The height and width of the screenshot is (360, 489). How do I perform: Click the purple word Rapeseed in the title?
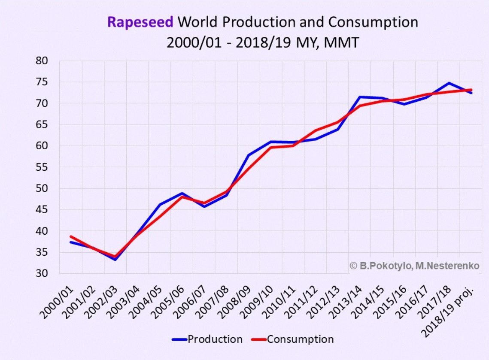140,22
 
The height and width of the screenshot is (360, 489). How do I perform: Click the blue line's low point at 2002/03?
115,260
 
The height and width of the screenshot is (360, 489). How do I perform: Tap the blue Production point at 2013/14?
360,97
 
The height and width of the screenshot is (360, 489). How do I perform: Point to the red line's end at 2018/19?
471,90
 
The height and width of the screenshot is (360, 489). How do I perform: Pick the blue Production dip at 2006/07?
204,206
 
